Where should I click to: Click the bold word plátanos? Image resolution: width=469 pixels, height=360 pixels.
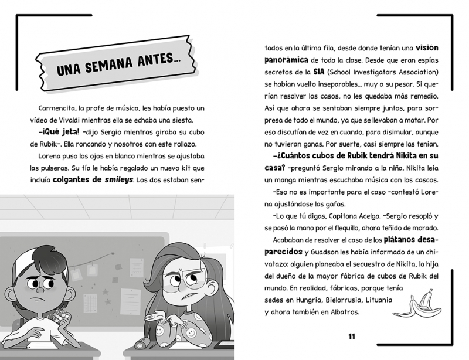(405, 240)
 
